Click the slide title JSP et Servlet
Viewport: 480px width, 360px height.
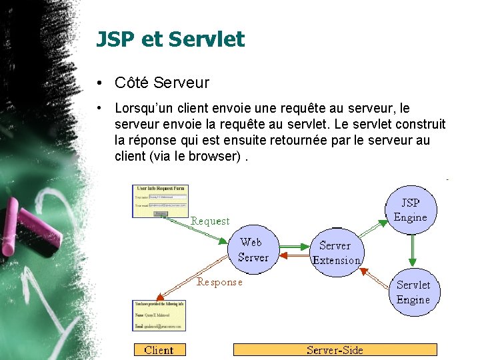(x=170, y=39)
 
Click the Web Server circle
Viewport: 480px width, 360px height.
(x=253, y=250)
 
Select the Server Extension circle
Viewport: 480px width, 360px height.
(x=337, y=253)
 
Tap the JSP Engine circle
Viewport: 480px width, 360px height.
(x=410, y=209)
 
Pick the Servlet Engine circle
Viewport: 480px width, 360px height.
(x=413, y=292)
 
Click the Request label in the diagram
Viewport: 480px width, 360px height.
(x=210, y=221)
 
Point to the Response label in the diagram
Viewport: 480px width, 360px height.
(x=219, y=282)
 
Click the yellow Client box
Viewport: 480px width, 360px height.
(x=159, y=350)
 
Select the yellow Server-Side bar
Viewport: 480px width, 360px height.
(x=335, y=350)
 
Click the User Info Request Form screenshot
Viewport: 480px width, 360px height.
(x=160, y=200)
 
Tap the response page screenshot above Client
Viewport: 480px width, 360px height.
(x=159, y=315)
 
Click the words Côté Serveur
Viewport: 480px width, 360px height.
(x=161, y=83)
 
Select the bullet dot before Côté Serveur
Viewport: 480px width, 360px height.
(x=98, y=83)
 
